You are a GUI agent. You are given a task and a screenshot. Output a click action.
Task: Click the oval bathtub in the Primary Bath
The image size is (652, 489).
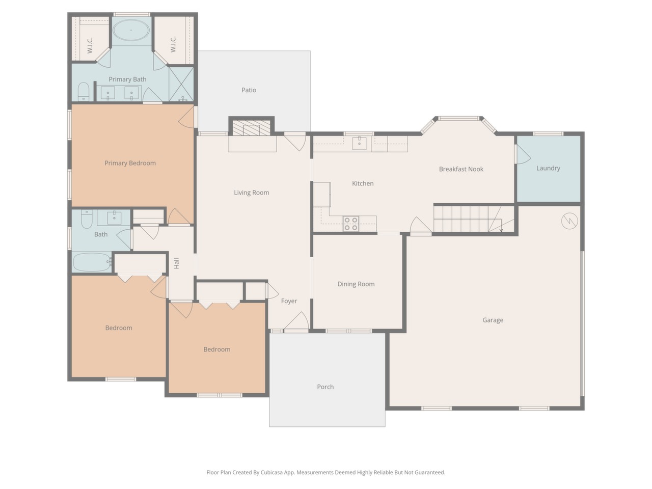(x=131, y=30)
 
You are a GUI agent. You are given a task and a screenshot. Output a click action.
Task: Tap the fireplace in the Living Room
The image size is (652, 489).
(x=251, y=128)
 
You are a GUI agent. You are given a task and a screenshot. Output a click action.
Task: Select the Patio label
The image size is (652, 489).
(x=249, y=90)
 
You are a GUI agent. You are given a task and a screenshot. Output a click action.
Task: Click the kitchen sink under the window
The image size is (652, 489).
(x=359, y=143)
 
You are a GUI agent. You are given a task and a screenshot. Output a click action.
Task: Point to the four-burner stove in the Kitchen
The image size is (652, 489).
(x=351, y=224)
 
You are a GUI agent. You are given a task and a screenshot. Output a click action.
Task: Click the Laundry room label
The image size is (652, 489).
(x=548, y=168)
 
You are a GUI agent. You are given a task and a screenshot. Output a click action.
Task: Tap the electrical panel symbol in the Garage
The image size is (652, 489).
(x=569, y=221)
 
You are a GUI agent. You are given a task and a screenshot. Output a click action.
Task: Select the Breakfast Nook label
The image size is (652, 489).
(x=461, y=169)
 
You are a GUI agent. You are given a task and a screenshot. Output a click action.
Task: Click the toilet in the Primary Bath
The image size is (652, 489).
(x=84, y=92)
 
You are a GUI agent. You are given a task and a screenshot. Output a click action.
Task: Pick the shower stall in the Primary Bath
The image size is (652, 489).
(x=181, y=84)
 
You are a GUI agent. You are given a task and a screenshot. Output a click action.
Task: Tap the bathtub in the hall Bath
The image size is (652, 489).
(x=92, y=262)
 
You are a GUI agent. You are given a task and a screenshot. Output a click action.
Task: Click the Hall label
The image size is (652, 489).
(x=176, y=263)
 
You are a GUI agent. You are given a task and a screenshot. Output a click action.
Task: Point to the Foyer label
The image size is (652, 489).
(x=289, y=301)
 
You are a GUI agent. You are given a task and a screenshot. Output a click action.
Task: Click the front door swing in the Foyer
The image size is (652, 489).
(x=297, y=320)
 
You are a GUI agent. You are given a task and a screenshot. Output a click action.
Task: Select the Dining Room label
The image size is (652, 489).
(x=356, y=284)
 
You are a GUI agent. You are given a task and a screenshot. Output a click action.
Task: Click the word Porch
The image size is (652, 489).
(x=325, y=387)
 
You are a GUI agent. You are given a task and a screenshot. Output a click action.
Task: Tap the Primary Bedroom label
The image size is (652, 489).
(x=130, y=163)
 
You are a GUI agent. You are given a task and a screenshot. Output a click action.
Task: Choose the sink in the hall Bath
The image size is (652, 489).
(x=114, y=218)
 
